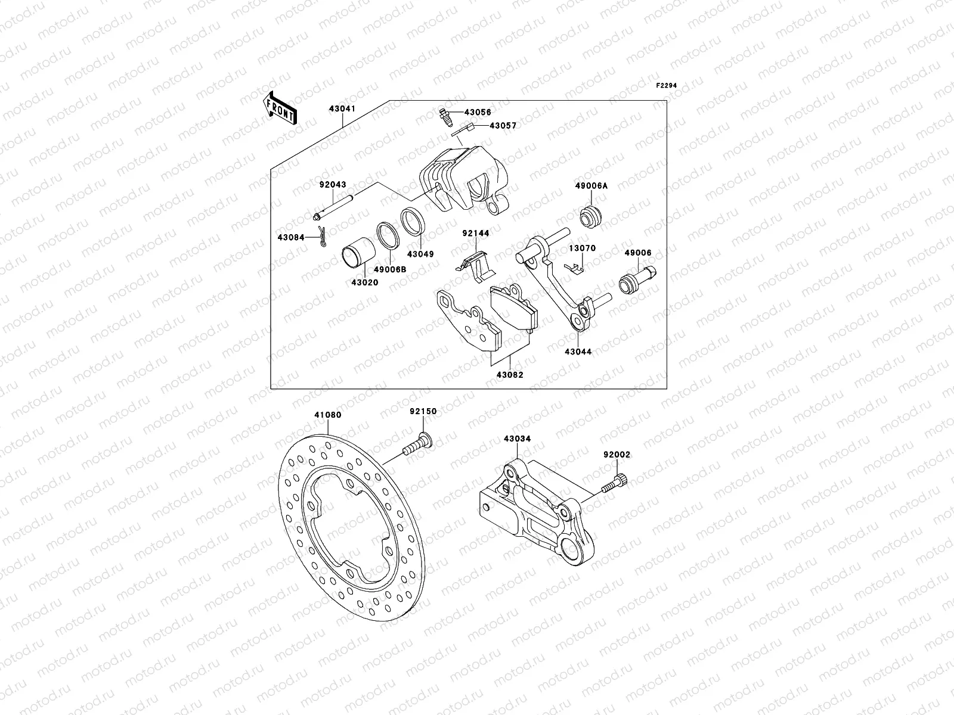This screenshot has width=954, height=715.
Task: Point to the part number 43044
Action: coord(578,352)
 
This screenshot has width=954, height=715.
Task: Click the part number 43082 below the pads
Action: coord(510,375)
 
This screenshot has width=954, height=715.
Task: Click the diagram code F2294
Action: coord(668,86)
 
